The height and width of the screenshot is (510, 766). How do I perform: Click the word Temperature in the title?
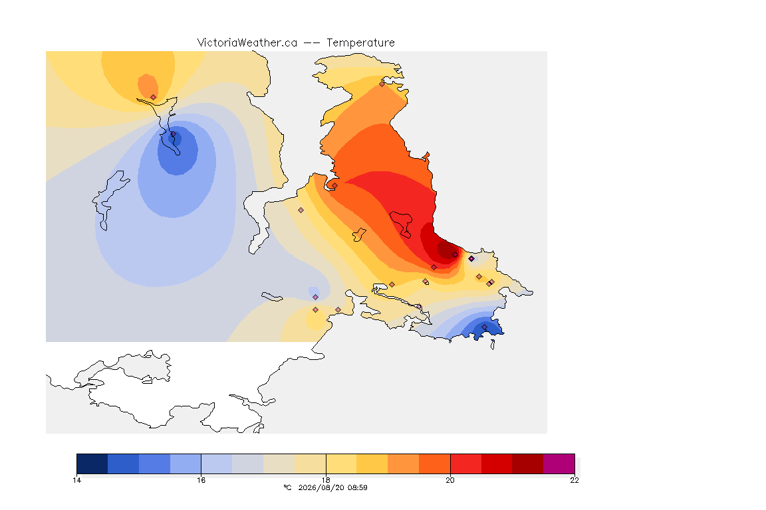tap(360, 43)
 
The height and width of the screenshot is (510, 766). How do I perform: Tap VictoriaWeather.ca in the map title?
tap(247, 43)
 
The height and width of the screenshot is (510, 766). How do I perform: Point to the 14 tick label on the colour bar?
tap(76, 480)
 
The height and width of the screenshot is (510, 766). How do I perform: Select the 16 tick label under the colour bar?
tap(201, 480)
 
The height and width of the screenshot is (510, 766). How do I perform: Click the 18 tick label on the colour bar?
tap(326, 480)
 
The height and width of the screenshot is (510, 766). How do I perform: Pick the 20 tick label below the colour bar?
tap(450, 480)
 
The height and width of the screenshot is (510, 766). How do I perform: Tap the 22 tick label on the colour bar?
tap(574, 480)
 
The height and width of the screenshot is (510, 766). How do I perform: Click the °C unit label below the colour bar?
tap(287, 487)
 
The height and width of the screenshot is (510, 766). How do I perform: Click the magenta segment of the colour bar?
tap(559, 464)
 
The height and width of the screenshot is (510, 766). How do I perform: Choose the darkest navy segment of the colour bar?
tap(92, 464)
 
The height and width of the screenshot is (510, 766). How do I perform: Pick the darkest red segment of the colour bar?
tap(527, 464)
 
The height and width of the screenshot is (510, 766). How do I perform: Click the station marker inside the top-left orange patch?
tap(154, 97)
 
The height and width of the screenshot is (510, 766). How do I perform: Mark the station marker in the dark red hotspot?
tap(455, 255)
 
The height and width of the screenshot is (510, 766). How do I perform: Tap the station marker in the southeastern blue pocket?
tap(485, 327)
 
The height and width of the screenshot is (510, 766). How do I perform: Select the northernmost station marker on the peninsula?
tap(382, 84)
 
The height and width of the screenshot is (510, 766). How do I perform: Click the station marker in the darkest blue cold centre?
tap(173, 133)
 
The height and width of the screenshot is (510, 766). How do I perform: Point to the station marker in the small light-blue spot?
tap(316, 297)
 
